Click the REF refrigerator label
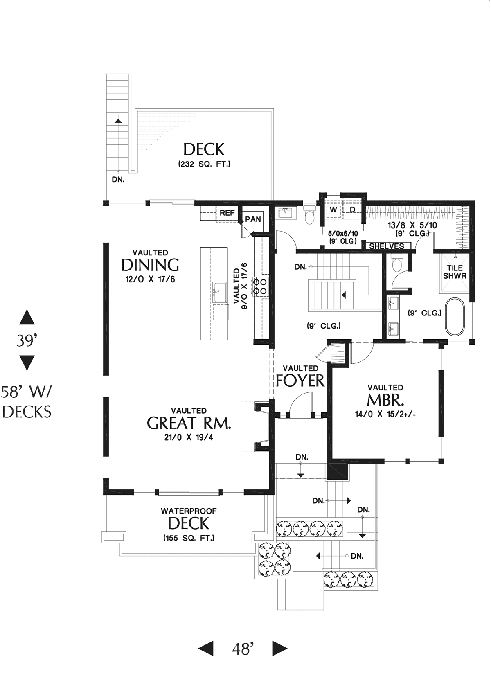click(x=227, y=213)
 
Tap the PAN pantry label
click(x=253, y=219)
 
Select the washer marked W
click(x=333, y=210)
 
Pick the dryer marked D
click(x=353, y=210)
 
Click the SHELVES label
click(x=387, y=246)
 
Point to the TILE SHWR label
click(x=455, y=272)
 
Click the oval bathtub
click(x=455, y=317)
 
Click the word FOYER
click(x=300, y=381)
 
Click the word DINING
click(x=150, y=265)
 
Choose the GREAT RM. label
click(x=189, y=423)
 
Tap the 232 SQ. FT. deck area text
click(x=204, y=164)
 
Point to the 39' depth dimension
click(x=27, y=340)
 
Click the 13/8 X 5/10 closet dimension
click(x=412, y=226)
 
